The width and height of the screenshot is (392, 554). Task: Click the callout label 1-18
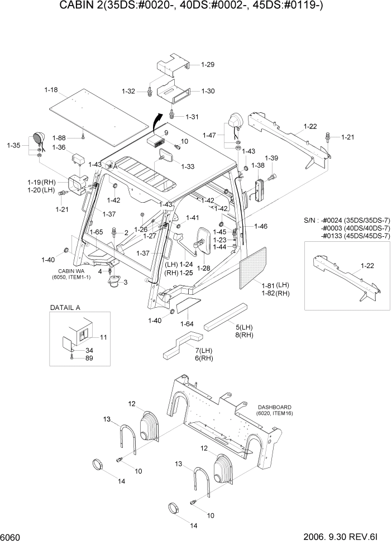click(x=51, y=89)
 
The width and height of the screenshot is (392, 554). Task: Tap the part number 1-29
click(x=207, y=65)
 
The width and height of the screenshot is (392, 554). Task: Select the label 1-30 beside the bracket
click(x=208, y=91)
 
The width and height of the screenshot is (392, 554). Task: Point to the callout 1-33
click(x=188, y=166)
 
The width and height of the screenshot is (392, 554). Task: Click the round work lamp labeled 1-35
click(x=39, y=138)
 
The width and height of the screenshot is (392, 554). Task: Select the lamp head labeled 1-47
click(x=235, y=121)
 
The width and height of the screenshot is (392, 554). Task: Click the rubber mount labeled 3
click(x=116, y=281)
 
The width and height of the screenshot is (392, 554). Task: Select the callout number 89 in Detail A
click(x=89, y=358)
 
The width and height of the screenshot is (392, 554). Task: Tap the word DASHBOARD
click(x=272, y=407)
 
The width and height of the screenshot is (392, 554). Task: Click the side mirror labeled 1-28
click(x=202, y=241)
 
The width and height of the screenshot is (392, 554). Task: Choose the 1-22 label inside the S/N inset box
click(x=367, y=265)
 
